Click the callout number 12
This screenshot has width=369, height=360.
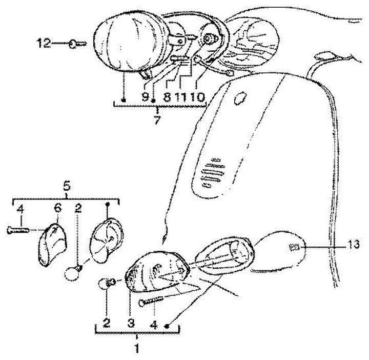[44, 44]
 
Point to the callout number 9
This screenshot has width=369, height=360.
[145, 96]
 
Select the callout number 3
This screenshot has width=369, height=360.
[131, 325]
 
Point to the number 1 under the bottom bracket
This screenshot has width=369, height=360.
[136, 348]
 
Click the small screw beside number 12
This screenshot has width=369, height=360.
[75, 44]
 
